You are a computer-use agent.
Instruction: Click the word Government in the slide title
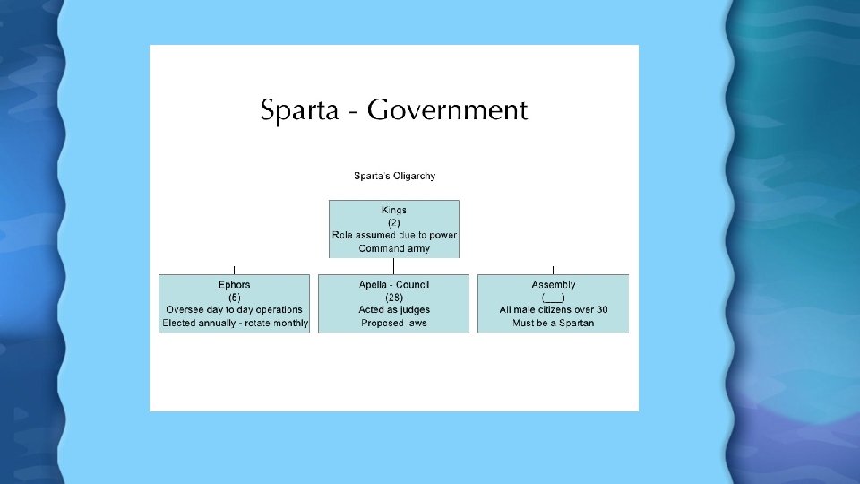coord(447,110)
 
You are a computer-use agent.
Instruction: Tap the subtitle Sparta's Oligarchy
coord(394,176)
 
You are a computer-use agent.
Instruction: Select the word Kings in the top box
coord(394,210)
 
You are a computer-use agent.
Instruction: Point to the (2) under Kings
coord(394,222)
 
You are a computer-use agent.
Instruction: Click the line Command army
coord(394,248)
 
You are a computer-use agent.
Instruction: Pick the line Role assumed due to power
coord(394,235)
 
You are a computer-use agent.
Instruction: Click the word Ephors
coord(235,285)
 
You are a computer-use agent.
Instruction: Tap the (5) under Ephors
coord(235,298)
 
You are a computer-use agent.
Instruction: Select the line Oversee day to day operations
coord(235,310)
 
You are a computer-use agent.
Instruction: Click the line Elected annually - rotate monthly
coord(235,323)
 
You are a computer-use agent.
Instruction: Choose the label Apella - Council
coord(394,285)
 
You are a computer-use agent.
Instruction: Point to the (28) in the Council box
coord(394,298)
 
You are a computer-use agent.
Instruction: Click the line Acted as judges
coord(394,310)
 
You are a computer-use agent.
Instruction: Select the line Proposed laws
coord(394,323)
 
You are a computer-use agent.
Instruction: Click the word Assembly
coord(554,285)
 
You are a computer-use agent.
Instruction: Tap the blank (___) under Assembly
coord(554,298)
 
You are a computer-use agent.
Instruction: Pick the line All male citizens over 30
coord(554,310)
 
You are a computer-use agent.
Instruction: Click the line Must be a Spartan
coord(554,323)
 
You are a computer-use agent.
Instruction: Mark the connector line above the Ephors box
coord(235,270)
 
